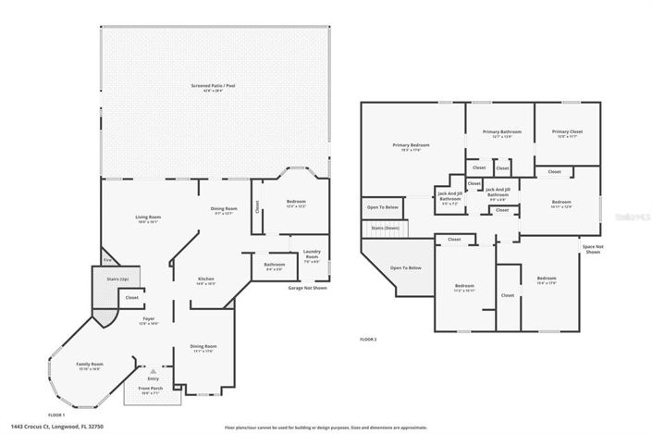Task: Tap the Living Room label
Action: point(147,218)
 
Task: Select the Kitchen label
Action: point(206,280)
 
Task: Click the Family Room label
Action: point(90,366)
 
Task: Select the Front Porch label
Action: point(149,391)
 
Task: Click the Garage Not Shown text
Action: point(308,288)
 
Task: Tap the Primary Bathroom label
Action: point(502,133)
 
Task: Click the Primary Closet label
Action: point(566,133)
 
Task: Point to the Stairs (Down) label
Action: point(385,227)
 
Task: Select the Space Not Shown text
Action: point(593,248)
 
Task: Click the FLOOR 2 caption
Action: point(368,340)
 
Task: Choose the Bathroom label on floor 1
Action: point(274,267)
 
